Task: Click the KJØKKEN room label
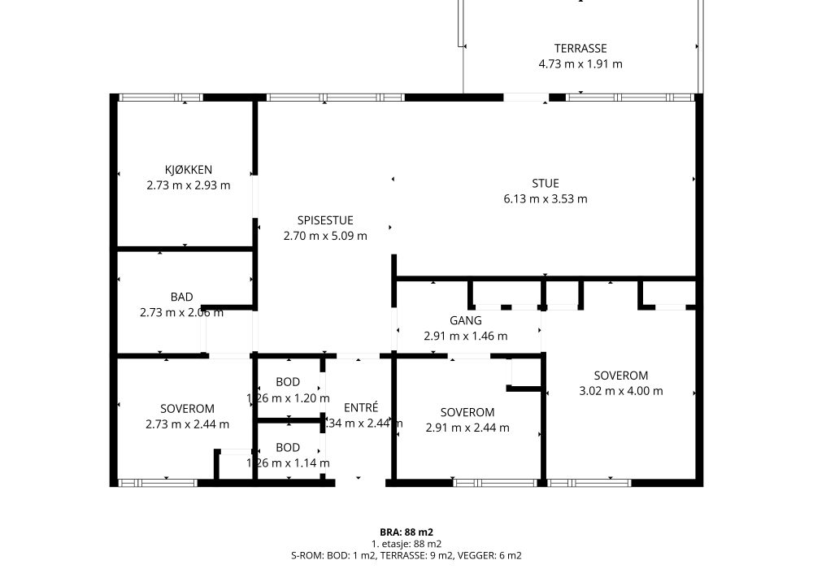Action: [189, 169]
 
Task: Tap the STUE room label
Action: [546, 183]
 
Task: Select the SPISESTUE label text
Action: [325, 220]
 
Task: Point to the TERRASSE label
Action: [580, 48]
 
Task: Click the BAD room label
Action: [181, 297]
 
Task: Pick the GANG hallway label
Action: [466, 320]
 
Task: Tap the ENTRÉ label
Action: [361, 407]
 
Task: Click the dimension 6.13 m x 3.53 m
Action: [546, 199]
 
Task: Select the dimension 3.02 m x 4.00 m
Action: [620, 391]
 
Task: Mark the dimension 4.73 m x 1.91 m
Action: [580, 64]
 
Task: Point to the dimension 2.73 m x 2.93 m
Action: [189, 185]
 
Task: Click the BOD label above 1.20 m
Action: [288, 382]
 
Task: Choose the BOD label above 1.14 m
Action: [288, 447]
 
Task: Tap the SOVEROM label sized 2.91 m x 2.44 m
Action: [467, 412]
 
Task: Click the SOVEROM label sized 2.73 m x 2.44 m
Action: [187, 408]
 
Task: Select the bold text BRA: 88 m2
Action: [406, 532]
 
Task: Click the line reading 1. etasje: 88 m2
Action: [406, 544]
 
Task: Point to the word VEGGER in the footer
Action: [468, 556]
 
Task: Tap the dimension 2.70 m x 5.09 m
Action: [325, 237]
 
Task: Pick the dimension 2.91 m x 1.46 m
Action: [466, 337]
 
